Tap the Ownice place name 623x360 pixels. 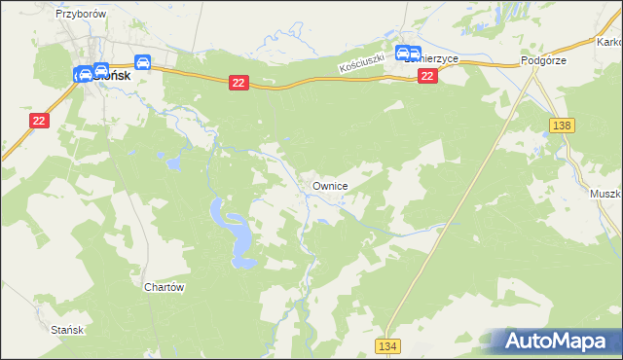pos(330,185)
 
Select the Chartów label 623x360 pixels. pos(164,288)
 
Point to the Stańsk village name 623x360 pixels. pos(69,330)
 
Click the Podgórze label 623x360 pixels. pos(543,60)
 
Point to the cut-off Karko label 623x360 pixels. pos(609,43)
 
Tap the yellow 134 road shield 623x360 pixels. pos(387,346)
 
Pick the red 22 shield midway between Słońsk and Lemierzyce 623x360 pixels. pos(239,85)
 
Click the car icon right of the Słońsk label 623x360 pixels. pos(143,63)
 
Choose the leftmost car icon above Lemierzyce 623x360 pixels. pos(402,54)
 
